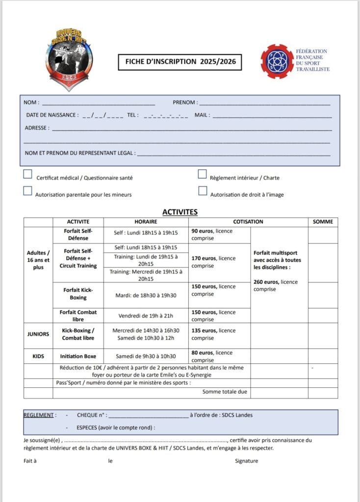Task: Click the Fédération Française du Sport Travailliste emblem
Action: point(278,61)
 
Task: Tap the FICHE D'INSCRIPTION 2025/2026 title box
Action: point(180,62)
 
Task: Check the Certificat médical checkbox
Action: point(28,174)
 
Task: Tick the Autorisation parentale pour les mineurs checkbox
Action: point(28,191)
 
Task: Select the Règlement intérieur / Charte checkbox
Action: point(202,174)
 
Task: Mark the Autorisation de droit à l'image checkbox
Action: point(203,191)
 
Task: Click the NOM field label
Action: point(30,102)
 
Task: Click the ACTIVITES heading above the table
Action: point(180,212)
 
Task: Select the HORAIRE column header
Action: point(146,222)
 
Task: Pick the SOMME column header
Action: point(323,222)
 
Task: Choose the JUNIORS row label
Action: point(38,334)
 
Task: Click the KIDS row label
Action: point(38,356)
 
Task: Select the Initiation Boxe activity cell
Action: point(78,356)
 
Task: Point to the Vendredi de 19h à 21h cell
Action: point(146,316)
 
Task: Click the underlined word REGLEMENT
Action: point(38,415)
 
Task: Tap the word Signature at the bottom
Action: point(246,461)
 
